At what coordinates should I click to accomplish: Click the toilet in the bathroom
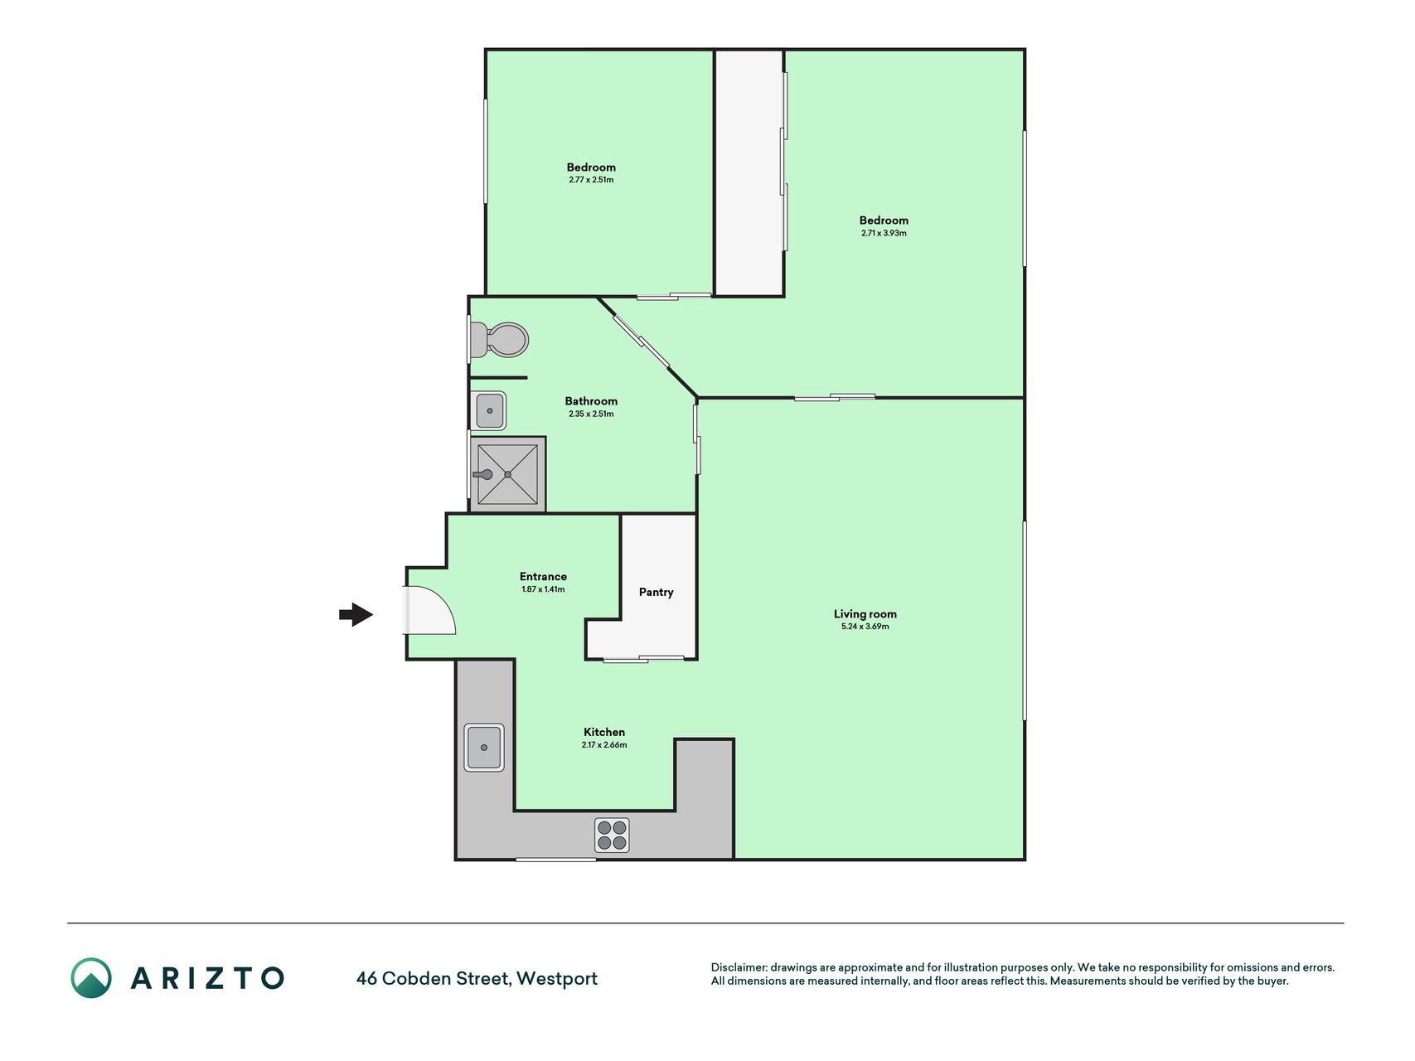pyautogui.click(x=498, y=340)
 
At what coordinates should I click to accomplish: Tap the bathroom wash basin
pyautogui.click(x=489, y=411)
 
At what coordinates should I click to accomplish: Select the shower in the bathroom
pyautogui.click(x=507, y=474)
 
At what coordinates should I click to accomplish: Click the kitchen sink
pyautogui.click(x=484, y=748)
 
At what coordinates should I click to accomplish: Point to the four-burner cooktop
pyautogui.click(x=612, y=836)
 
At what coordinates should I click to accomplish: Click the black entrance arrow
pyautogui.click(x=356, y=614)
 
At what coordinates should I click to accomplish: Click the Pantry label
pyautogui.click(x=656, y=592)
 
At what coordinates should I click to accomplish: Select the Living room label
pyautogui.click(x=865, y=614)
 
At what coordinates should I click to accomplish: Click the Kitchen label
pyautogui.click(x=604, y=732)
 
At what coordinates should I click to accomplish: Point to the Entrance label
pyautogui.click(x=543, y=577)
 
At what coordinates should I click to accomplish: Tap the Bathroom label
pyautogui.click(x=591, y=401)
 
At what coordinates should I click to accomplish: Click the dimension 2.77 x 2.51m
pyautogui.click(x=591, y=180)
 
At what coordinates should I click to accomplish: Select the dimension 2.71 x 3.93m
pyautogui.click(x=884, y=233)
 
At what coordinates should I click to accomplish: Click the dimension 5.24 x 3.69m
pyautogui.click(x=865, y=627)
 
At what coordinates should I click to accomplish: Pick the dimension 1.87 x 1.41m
pyautogui.click(x=543, y=589)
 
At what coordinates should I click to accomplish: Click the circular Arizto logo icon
pyautogui.click(x=91, y=978)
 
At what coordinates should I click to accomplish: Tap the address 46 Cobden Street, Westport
pyautogui.click(x=477, y=979)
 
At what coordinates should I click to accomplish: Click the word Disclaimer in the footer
pyautogui.click(x=739, y=967)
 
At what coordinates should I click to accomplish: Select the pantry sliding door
pyautogui.click(x=643, y=659)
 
